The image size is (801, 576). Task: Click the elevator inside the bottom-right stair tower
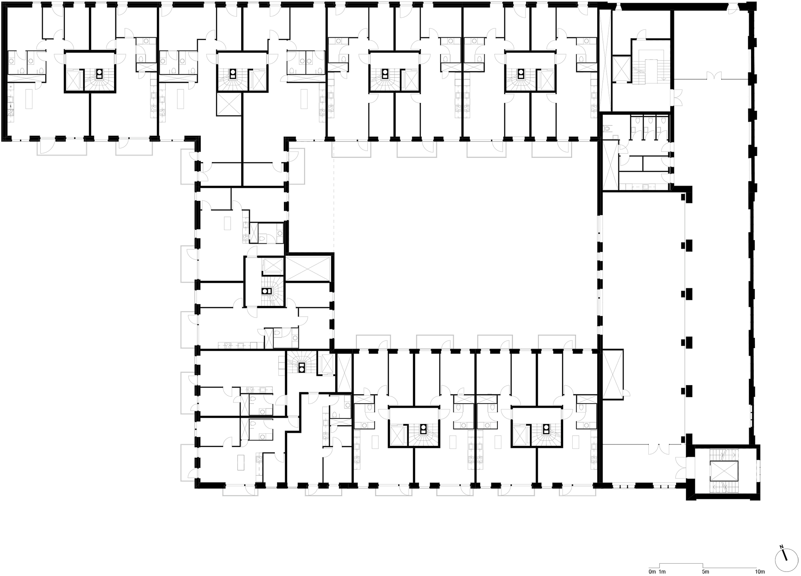click(723, 471)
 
